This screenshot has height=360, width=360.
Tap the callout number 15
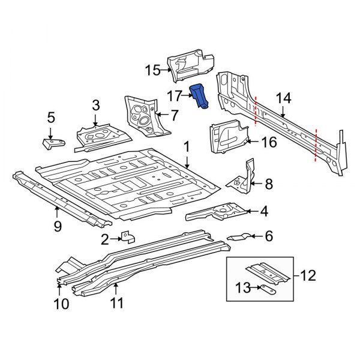click(154, 71)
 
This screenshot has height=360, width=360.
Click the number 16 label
click(269, 142)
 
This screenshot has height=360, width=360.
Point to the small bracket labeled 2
click(127, 238)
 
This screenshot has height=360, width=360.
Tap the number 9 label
click(58, 226)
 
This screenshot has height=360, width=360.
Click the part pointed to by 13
click(268, 289)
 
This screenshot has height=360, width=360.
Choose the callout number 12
click(307, 276)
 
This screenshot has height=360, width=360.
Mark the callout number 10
click(61, 304)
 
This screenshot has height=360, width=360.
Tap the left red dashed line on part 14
click(256, 112)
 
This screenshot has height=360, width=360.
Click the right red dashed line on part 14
click(316, 146)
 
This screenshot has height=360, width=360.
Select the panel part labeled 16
click(228, 136)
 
